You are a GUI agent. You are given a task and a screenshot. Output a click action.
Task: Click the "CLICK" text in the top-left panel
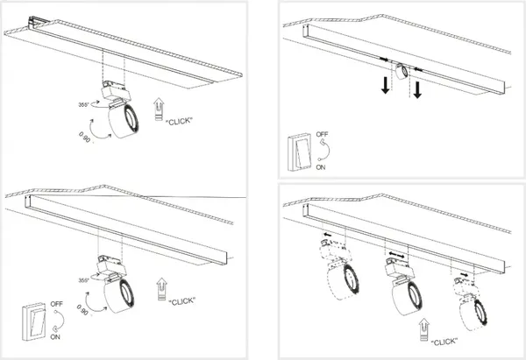tap(180, 121)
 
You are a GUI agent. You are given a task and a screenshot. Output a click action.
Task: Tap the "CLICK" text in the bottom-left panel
tap(181, 301)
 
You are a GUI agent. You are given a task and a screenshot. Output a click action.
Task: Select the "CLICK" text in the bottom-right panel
tap(444, 342)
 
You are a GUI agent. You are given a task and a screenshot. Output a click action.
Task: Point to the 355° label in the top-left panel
tap(83, 104)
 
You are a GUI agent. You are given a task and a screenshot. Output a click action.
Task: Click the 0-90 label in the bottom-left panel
tap(82, 310)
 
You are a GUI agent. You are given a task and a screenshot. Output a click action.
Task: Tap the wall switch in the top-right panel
tap(299, 152)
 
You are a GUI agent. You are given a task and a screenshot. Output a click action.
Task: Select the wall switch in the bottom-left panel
tap(33, 321)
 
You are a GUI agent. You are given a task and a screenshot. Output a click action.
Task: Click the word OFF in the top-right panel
tap(322, 134)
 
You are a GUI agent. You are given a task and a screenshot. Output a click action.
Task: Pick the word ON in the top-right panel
tap(321, 167)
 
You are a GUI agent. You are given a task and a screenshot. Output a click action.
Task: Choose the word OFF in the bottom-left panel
tap(57, 304)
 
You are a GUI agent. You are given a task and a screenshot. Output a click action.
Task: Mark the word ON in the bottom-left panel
tap(55, 336)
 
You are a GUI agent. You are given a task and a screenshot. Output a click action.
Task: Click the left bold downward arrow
tap(386, 85)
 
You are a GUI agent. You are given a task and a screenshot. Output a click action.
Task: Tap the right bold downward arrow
tap(417, 90)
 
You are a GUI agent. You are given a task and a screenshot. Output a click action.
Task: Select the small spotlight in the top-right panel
tap(402, 72)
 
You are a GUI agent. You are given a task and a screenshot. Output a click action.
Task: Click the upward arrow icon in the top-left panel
tap(159, 109)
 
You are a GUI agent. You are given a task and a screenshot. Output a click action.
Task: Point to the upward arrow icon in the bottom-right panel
tap(424, 330)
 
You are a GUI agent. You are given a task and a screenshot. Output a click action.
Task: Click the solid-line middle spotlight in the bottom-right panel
tap(403, 288)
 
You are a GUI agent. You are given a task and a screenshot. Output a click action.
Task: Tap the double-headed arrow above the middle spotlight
tap(396, 255)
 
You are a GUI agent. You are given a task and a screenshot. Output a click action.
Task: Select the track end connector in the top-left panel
tap(35, 23)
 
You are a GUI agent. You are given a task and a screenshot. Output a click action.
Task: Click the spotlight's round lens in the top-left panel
tap(130, 119)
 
